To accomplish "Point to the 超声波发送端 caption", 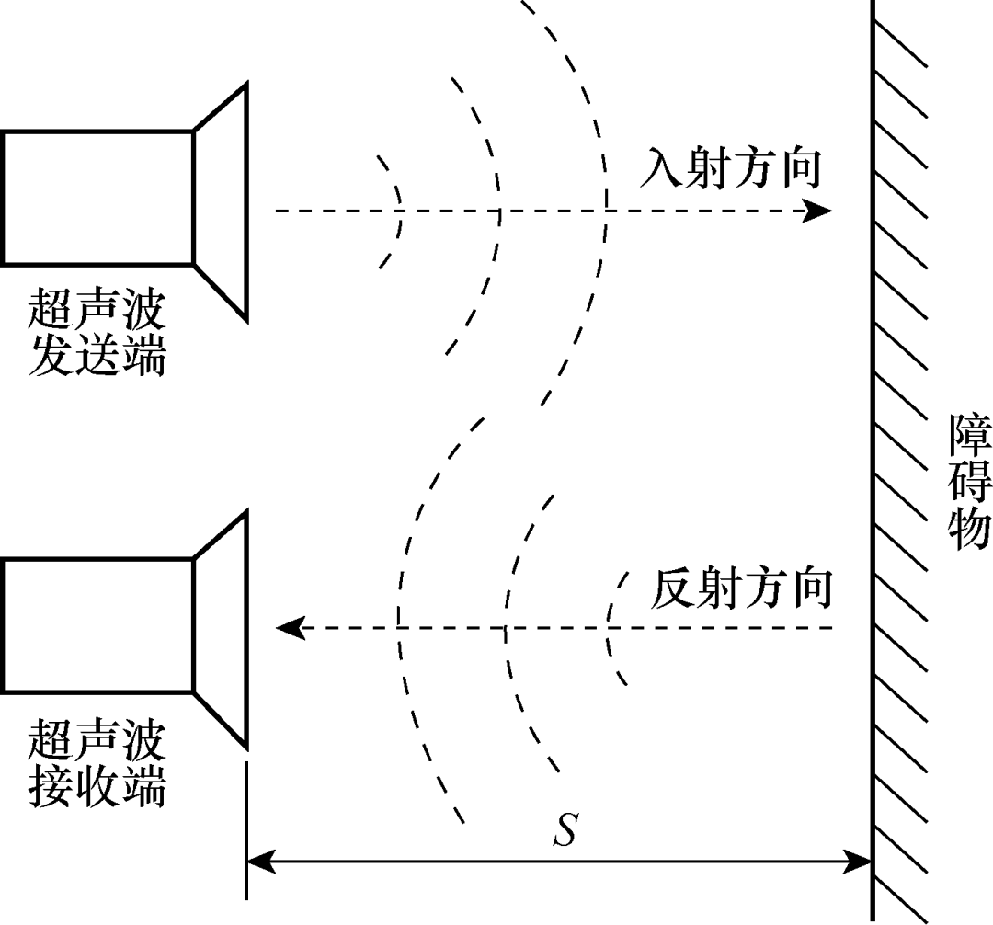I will click(97, 333).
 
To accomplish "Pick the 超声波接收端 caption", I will click(97, 762).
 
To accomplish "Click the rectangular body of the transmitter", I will click(97, 198).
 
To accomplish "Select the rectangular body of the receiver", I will click(97, 625).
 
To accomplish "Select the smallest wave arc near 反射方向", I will click(610, 629).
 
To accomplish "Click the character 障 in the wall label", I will click(969, 436).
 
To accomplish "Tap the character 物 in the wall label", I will click(969, 528).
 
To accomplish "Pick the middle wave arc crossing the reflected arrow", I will click(505, 629).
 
